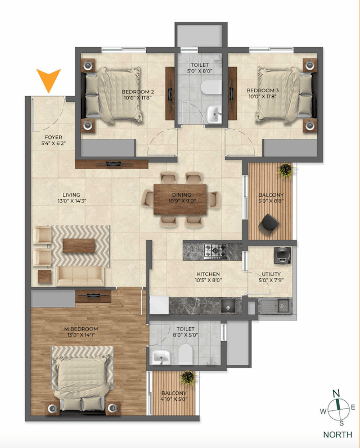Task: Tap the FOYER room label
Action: [54, 137]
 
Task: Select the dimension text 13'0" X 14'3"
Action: [71, 201]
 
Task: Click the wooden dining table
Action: [180, 198]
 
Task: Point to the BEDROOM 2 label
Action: [138, 91]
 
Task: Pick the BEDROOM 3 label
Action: [262, 90]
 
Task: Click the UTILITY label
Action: [271, 274]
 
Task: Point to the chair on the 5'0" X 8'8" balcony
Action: [269, 224]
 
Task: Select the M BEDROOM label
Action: [82, 329]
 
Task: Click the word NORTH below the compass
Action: [338, 435]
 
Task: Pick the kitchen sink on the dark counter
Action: [228, 306]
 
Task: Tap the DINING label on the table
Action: [180, 194]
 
